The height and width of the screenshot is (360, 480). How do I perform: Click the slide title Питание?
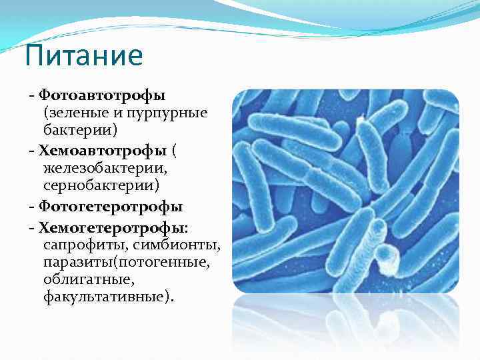click(83, 56)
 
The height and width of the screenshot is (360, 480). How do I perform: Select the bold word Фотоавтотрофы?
click(101, 95)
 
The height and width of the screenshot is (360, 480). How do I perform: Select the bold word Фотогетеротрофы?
click(111, 206)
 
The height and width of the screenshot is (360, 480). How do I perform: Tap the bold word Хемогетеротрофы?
click(111, 229)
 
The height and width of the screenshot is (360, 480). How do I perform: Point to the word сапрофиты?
click(83, 245)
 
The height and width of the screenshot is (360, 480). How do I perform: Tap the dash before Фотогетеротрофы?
click(31, 207)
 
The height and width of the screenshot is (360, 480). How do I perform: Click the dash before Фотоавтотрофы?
click(31, 96)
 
